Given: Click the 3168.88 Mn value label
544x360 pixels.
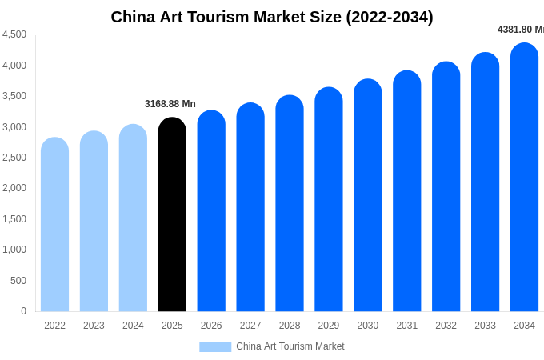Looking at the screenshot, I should (170, 104).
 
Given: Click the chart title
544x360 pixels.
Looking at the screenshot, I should (272, 17).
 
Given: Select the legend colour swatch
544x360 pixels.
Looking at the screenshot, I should (215, 347).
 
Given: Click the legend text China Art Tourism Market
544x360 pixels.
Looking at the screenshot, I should (290, 346).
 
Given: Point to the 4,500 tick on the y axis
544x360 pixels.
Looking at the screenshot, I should (14, 34).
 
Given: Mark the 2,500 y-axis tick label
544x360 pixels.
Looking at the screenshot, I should (14, 158).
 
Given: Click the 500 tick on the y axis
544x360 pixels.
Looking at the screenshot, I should (18, 281).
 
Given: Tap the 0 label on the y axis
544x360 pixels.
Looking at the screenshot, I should (23, 311).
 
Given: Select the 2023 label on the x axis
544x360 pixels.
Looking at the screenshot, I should (94, 326).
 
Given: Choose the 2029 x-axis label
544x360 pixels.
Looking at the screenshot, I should (329, 326).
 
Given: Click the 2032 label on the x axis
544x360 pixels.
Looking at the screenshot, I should (446, 326).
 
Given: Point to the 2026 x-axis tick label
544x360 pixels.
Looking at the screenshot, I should (211, 326).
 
